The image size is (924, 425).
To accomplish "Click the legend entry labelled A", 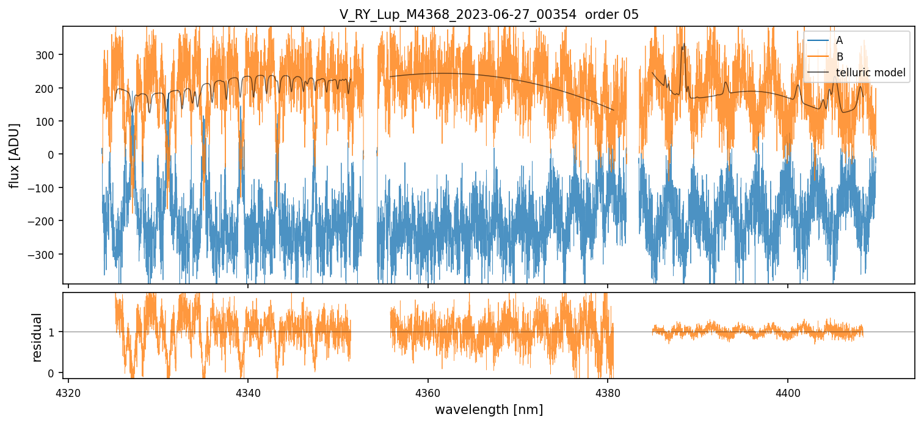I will pos(840,40).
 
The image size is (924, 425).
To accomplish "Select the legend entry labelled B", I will pos(840,57).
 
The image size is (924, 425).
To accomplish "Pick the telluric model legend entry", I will pos(870,73).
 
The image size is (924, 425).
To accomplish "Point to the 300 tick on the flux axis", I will pos(48,55).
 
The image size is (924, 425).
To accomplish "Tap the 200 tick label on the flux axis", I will pos(48,89).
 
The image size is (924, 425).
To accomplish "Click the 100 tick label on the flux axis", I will pos(48,122).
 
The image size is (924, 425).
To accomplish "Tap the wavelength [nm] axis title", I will pos(489,409).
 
